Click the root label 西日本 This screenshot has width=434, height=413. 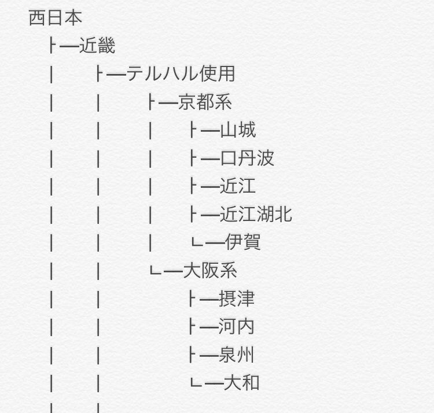[56, 17]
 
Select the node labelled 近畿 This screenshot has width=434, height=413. [97, 46]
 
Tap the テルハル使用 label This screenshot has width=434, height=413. [181, 74]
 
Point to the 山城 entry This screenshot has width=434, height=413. [238, 130]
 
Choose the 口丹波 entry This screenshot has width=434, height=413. [247, 158]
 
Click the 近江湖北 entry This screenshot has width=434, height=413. [256, 215]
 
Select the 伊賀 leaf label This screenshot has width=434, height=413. [242, 242]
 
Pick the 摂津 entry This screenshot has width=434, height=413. [237, 298]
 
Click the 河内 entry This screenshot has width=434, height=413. [237, 327]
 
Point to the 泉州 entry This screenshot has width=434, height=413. [237, 355]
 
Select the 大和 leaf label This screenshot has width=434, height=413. [242, 382]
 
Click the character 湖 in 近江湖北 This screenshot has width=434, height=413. [265, 215]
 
